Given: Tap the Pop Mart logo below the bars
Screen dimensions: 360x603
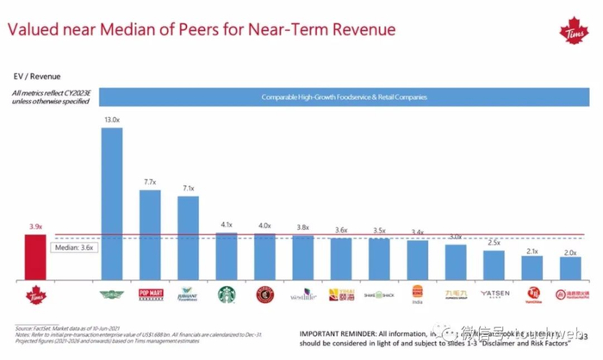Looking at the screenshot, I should tap(150, 295).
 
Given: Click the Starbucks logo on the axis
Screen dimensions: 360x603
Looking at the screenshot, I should tap(226, 294).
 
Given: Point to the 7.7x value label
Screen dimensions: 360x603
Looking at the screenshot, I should tap(149, 183).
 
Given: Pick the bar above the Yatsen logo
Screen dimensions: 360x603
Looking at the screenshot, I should tap(494, 265).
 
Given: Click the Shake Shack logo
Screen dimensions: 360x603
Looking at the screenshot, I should tap(378, 295).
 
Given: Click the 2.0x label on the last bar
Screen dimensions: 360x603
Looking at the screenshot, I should tap(569, 252).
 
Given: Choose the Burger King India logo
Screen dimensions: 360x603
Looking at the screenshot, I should tap(418, 294).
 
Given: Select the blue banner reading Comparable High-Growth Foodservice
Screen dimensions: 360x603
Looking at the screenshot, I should tap(345, 97).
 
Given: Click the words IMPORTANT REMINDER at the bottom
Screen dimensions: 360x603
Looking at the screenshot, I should tap(336, 332).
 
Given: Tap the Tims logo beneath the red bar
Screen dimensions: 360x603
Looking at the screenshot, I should tap(34, 294).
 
